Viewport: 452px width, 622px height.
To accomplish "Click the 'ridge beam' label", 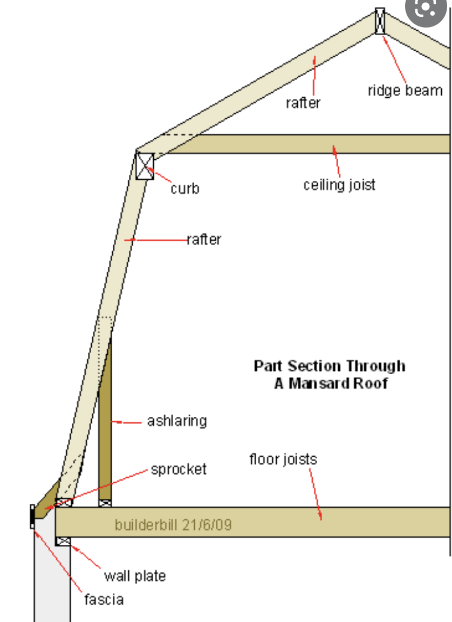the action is tap(405, 91).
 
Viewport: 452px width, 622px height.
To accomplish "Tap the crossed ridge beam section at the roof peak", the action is tap(380, 21).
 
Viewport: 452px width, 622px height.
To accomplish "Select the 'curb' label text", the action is tap(184, 188).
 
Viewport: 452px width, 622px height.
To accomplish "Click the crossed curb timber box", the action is tap(145, 166).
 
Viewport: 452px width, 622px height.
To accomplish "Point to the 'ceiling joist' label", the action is tap(339, 185).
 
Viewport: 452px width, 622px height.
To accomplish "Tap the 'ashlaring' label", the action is tap(177, 421).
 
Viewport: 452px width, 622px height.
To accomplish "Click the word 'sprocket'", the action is tap(179, 469).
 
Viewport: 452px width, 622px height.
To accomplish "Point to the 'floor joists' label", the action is tap(283, 459).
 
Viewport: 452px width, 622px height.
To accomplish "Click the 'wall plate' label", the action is tap(135, 576).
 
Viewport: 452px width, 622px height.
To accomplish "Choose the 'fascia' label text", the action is tap(104, 599).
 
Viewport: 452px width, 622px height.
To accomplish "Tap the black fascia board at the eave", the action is tap(32, 517).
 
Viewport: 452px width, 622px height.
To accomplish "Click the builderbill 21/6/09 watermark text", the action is tap(173, 525).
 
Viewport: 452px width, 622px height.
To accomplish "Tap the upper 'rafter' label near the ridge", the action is tap(303, 103).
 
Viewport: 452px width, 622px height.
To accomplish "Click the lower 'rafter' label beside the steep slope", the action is tap(204, 240).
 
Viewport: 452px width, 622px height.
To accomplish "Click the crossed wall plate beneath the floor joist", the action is tap(63, 541).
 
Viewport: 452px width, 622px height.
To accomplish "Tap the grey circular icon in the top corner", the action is tap(426, 9).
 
